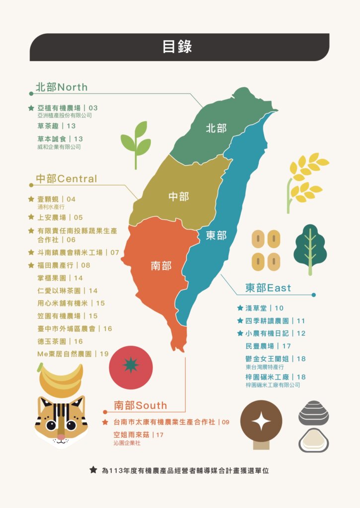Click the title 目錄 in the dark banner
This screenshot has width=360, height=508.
pyautogui.click(x=177, y=47)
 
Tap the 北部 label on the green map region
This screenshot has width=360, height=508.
pyautogui.click(x=216, y=128)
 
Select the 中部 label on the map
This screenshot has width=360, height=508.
pyautogui.click(x=178, y=196)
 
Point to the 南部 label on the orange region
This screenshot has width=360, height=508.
pyautogui.click(x=161, y=266)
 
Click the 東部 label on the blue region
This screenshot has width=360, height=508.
pyautogui.click(x=216, y=235)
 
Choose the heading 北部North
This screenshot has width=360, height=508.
pyautogui.click(x=61, y=87)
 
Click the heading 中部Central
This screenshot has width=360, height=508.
pyautogui.click(x=66, y=179)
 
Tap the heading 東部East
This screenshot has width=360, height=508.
pyautogui.click(x=268, y=288)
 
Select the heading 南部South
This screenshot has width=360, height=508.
pyautogui.click(x=140, y=405)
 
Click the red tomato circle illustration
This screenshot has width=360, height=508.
pyautogui.click(x=131, y=368)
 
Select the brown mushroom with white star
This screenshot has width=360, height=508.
pyautogui.click(x=261, y=422)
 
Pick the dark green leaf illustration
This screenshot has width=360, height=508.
pyautogui.click(x=310, y=247)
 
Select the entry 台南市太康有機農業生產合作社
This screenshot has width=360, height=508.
pyautogui.click(x=164, y=422)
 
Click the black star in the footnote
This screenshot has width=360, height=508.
pyautogui.click(x=93, y=470)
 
